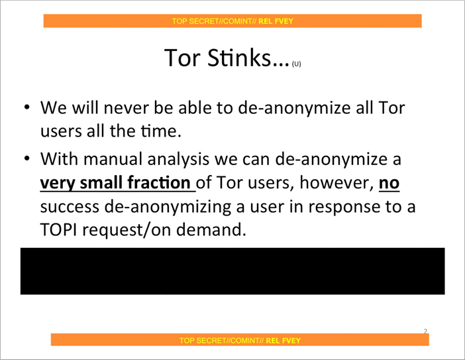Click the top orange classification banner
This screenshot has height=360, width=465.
click(x=232, y=21)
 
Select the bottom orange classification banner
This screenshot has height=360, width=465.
click(x=240, y=340)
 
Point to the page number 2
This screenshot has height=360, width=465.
click(x=425, y=330)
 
